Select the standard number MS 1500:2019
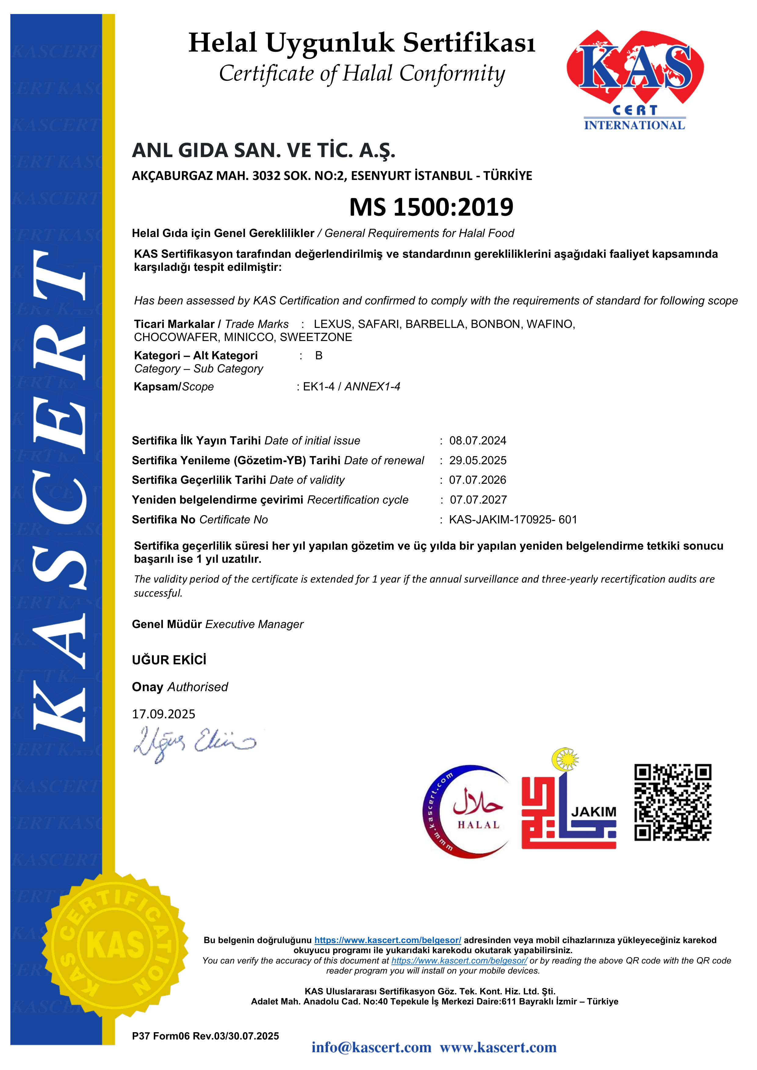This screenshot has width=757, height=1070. coord(431,207)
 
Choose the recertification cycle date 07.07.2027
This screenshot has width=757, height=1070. coord(478,500)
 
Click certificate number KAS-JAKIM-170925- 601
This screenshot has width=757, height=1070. coord(513,520)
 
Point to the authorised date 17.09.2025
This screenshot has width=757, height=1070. coord(164,714)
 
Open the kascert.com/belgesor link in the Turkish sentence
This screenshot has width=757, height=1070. coord(388,940)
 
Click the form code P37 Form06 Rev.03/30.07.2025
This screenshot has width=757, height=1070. coord(205,1036)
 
